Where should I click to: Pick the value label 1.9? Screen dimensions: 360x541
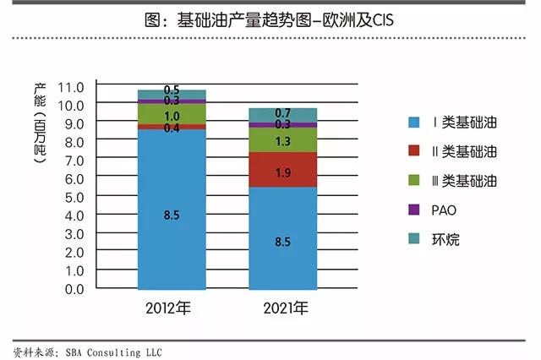tap(283, 172)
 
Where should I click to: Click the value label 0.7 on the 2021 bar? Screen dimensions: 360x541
tap(283, 113)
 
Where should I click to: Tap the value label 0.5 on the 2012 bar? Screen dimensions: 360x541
tap(172, 90)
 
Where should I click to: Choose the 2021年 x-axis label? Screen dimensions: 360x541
tap(283, 307)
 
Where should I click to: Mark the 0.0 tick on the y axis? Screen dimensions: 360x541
tap(74, 289)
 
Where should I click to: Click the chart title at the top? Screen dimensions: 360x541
tap(270, 19)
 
